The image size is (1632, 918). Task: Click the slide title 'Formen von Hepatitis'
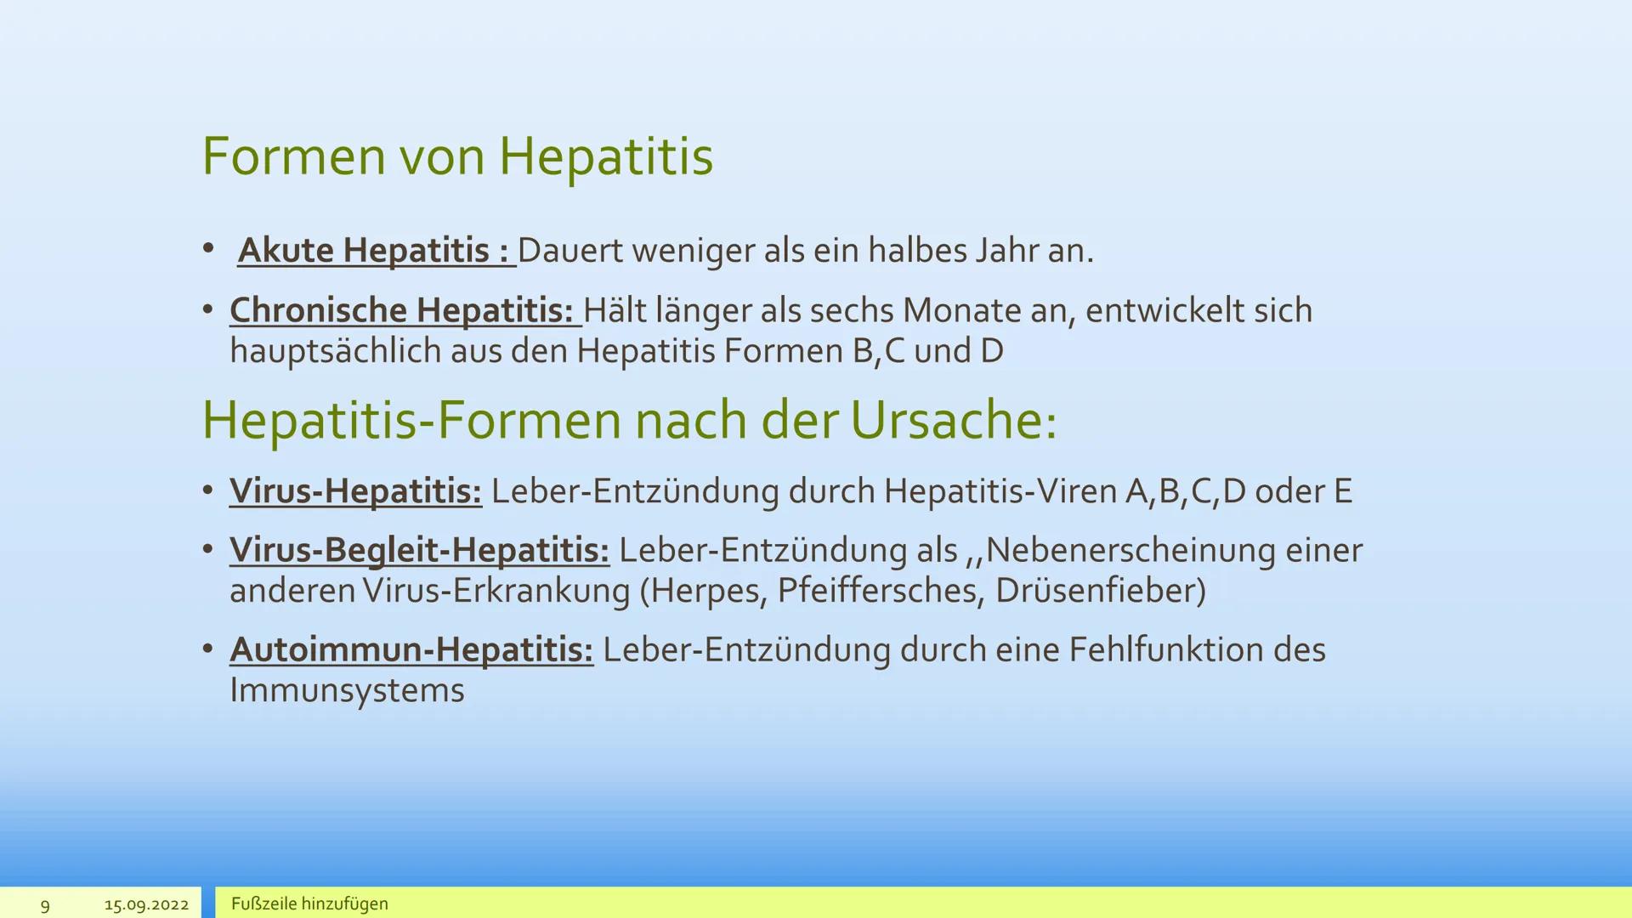[457, 156]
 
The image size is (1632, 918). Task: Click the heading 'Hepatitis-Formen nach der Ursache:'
[629, 420]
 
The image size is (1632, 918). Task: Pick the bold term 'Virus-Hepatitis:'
[355, 491]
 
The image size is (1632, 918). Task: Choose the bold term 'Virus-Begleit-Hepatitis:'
[419, 551]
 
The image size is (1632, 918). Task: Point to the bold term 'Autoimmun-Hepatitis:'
[411, 650]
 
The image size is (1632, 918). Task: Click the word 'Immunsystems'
[347, 690]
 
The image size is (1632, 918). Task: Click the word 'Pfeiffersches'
[875, 591]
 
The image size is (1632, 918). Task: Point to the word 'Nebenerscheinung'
[1130, 551]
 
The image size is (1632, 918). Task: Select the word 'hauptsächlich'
[335, 351]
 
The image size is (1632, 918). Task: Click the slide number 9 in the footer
[45, 905]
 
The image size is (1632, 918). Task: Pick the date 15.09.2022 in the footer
[146, 905]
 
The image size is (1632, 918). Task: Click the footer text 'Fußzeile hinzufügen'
[309, 904]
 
